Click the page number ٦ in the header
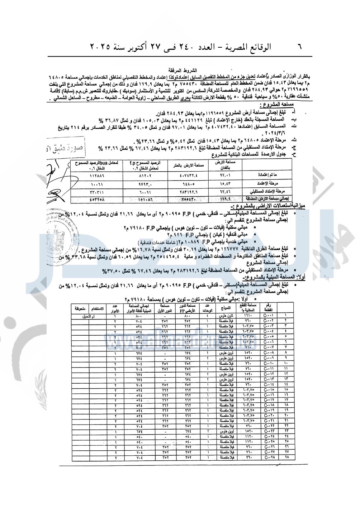pos(300,47)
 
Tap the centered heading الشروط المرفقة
pos(183,71)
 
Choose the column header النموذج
pos(226,308)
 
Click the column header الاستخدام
pos(97,308)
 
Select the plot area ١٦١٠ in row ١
pos(250,316)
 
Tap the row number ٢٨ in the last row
pos(286,457)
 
